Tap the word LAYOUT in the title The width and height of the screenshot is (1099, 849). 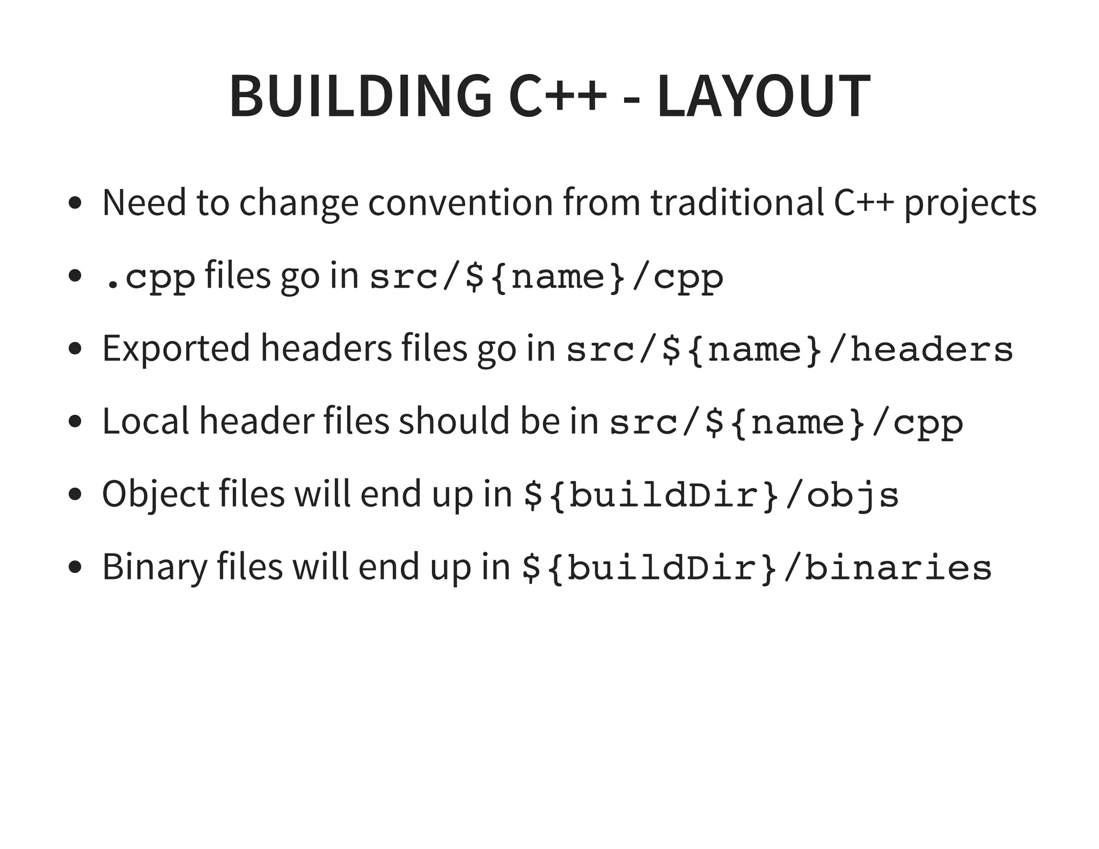click(763, 96)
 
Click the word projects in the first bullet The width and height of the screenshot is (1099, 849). click(970, 203)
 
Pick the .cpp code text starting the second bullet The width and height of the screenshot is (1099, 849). click(149, 277)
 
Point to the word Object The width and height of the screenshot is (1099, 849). click(155, 494)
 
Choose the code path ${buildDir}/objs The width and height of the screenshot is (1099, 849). click(711, 495)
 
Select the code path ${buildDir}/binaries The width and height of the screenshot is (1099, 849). click(757, 568)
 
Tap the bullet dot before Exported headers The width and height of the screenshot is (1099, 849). click(76, 349)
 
